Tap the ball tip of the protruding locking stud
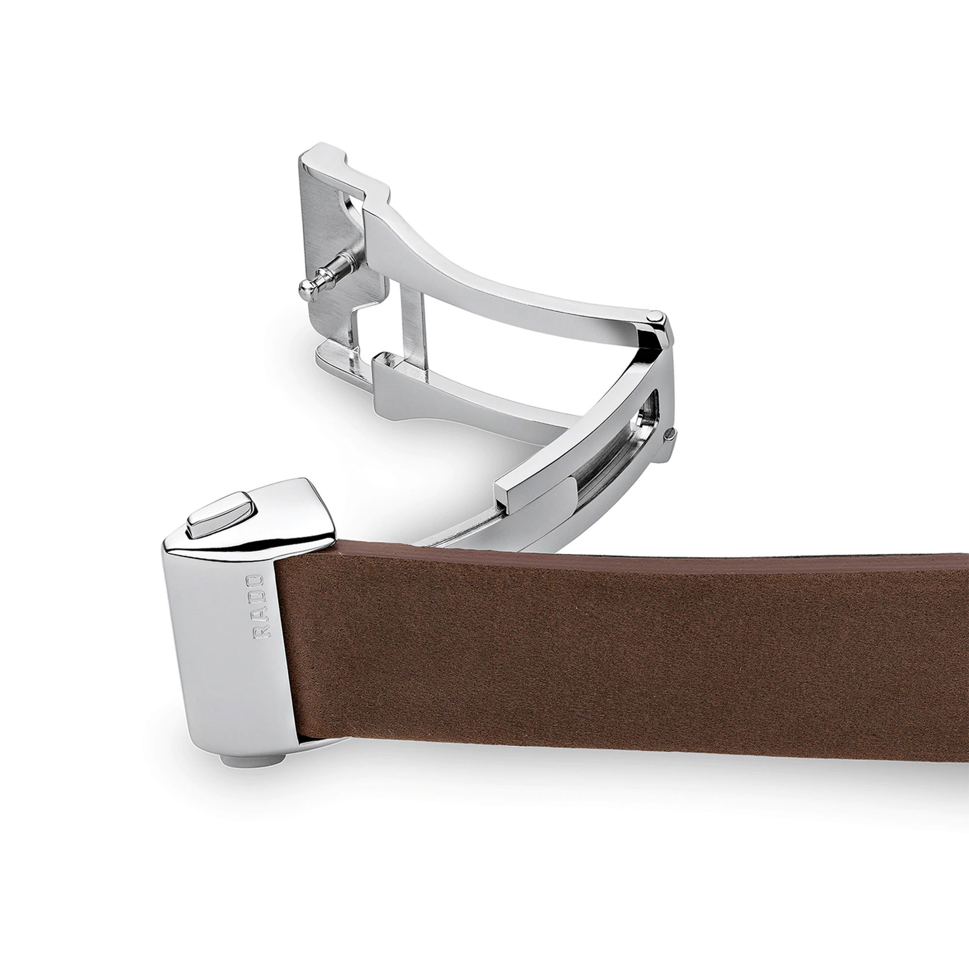307,287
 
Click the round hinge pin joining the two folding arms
655,316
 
